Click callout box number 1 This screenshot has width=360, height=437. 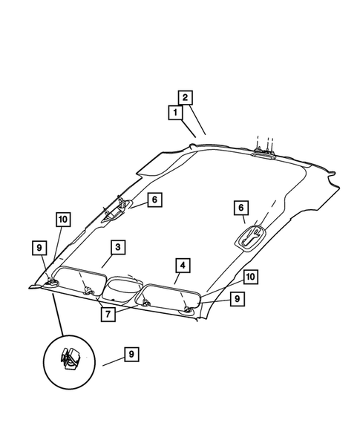(175, 113)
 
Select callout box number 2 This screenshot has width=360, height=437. (186, 98)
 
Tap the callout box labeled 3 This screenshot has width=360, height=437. (118, 247)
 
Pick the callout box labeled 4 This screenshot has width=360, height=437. (183, 266)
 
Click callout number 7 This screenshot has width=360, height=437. (108, 314)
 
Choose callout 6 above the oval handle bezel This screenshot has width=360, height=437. (241, 208)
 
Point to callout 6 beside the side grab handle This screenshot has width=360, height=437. (155, 200)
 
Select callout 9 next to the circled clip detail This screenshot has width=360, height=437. (131, 354)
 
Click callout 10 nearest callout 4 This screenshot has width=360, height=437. (251, 277)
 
